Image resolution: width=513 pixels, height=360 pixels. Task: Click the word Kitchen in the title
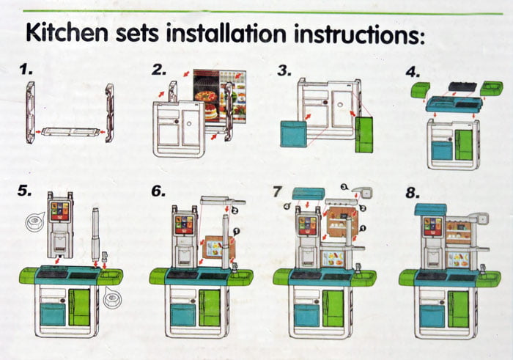pyautogui.click(x=68, y=34)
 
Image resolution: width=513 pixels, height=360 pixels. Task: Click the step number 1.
pyautogui.click(x=26, y=70)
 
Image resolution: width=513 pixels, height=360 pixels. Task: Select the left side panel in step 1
pyautogui.click(x=31, y=112)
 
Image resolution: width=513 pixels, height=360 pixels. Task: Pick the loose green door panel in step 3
pyautogui.click(x=364, y=132)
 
